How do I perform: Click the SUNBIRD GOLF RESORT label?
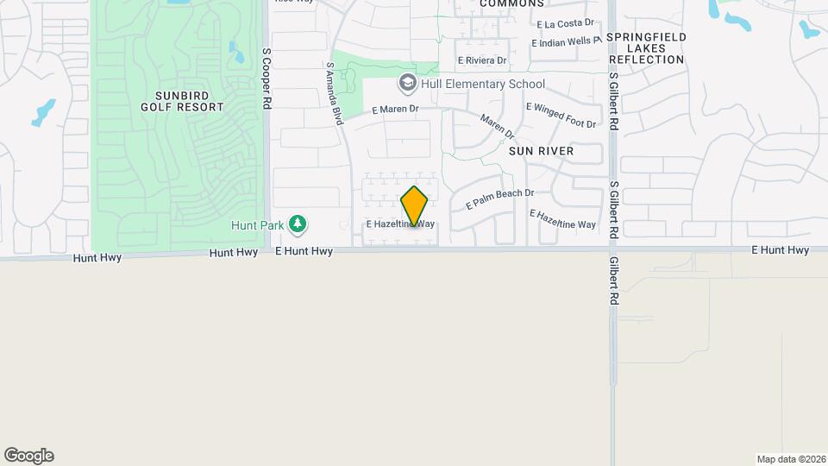(182, 101)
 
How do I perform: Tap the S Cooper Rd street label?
(267, 78)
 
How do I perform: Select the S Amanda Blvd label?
(335, 93)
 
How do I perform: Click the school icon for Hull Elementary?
(407, 84)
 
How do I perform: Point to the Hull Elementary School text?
(483, 84)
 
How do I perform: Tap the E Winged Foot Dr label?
(561, 116)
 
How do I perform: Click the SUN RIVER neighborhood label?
(541, 150)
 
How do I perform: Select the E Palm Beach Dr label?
(500, 199)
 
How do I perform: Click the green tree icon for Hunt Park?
(298, 225)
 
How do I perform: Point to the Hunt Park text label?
(258, 225)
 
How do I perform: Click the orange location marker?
(415, 205)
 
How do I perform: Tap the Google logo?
(28, 456)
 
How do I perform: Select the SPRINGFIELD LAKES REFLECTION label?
(646, 48)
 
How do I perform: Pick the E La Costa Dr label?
(565, 24)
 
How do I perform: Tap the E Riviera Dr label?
(483, 60)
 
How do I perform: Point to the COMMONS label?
(511, 3)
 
